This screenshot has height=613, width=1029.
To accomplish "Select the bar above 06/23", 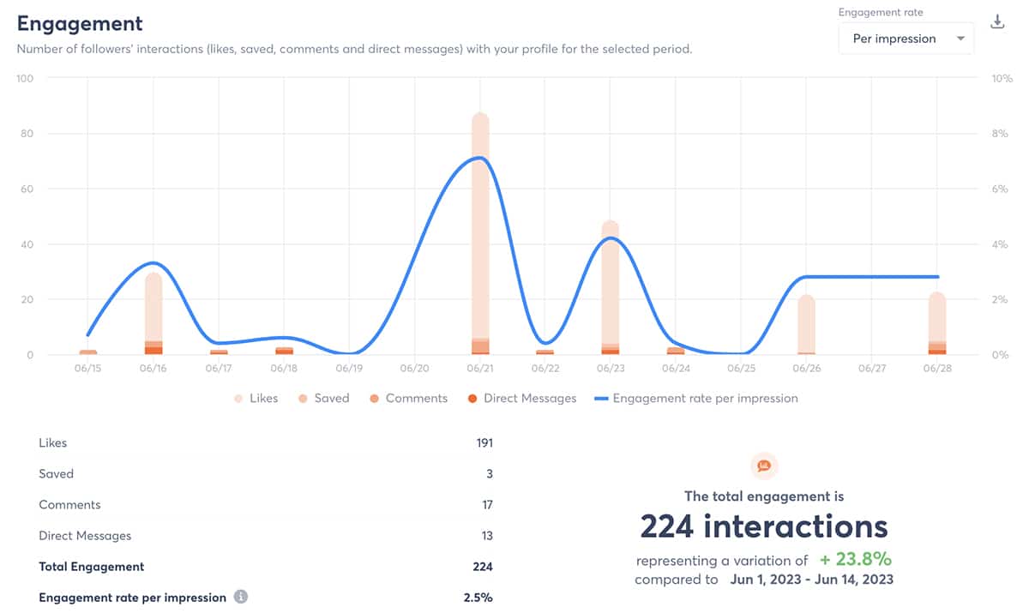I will (611, 283).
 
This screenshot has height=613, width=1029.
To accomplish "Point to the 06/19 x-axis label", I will (349, 369).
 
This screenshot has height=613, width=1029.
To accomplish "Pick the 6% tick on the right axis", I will (1000, 189).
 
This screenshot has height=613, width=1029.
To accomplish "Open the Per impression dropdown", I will (906, 39).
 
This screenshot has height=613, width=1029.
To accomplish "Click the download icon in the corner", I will (997, 22).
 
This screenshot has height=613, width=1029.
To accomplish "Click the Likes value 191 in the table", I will (484, 443).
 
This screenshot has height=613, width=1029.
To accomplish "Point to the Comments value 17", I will (487, 505).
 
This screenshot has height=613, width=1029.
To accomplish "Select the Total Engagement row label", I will (92, 567).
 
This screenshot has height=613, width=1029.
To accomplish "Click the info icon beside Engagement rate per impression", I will (241, 597).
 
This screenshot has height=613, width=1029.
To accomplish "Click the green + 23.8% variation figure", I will (855, 560).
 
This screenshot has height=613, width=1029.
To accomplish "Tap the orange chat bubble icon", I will (764, 466).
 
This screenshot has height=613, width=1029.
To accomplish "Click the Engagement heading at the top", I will (80, 24).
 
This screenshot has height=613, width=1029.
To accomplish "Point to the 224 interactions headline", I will (764, 526).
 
